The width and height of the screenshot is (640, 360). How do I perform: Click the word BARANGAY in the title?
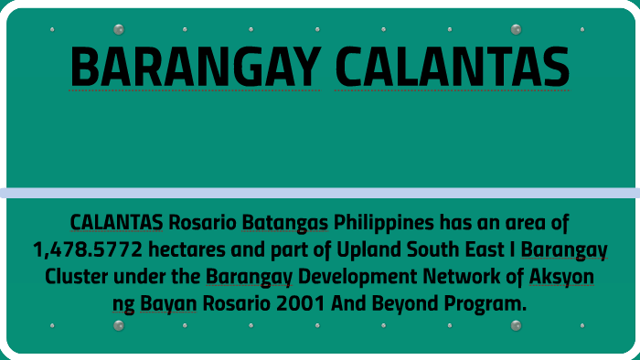pos(195,67)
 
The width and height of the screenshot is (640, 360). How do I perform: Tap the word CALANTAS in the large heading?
pos(452,67)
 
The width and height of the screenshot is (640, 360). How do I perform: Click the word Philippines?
pos(384,222)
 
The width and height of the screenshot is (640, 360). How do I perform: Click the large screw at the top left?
pos(119,29)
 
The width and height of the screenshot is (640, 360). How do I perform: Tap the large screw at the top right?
pos(516,29)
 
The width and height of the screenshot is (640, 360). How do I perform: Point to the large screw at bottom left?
pos(119,325)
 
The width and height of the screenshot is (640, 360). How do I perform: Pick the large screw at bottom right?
pos(516,325)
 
